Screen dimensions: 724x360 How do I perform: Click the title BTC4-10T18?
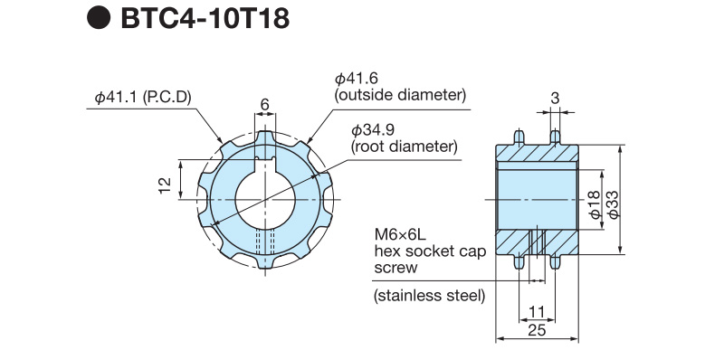tap(205, 18)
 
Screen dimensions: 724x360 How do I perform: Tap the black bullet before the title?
tap(99, 18)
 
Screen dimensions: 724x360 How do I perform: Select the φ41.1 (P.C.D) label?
tap(143, 98)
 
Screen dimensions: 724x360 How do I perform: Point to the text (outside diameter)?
tap(400, 96)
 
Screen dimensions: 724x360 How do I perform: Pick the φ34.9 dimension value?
tap(372, 130)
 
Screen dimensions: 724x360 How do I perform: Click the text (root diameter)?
tap(405, 147)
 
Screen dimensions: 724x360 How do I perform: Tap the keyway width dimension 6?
tap(265, 104)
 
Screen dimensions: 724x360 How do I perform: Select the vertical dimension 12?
tap(165, 185)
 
